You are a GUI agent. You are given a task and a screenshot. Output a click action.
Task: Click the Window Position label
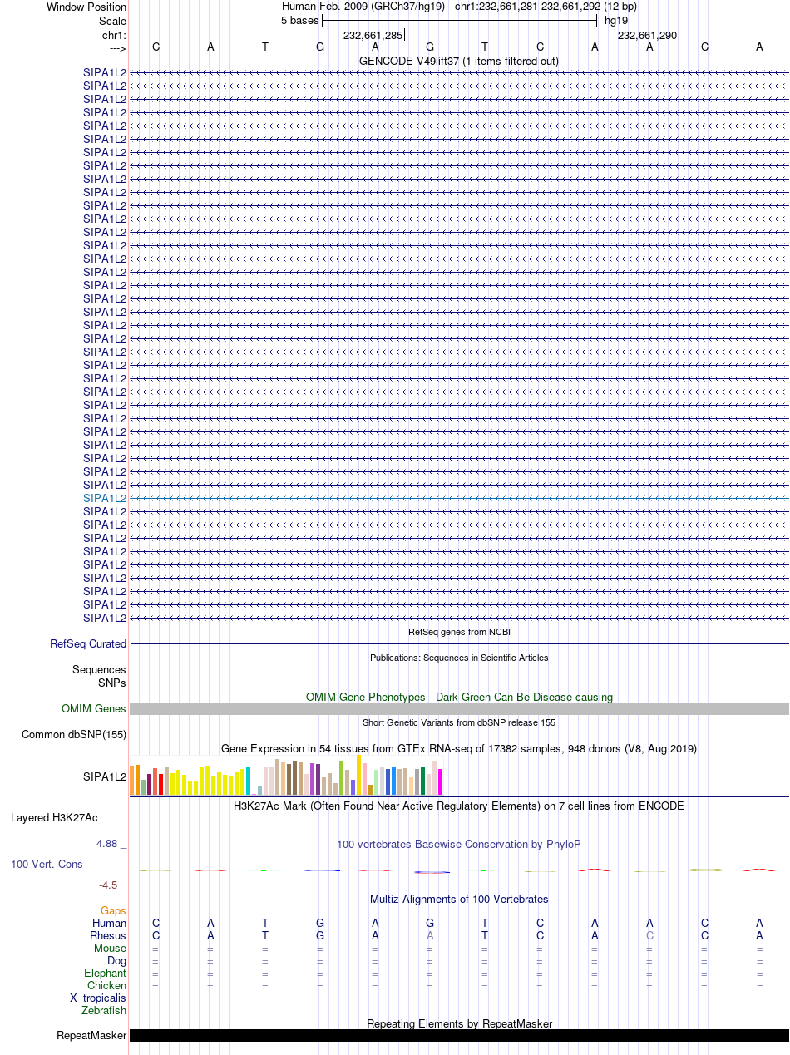[x=86, y=7]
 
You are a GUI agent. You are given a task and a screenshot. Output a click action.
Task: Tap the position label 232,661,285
[x=373, y=35]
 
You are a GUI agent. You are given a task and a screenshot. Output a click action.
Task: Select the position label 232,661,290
[x=647, y=35]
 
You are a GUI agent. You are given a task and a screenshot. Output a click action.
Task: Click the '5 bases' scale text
[x=300, y=21]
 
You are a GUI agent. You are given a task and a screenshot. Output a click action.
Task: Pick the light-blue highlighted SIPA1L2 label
[x=105, y=498]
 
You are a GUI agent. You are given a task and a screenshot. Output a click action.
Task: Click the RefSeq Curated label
[x=88, y=643]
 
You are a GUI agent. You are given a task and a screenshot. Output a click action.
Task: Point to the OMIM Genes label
[x=94, y=708]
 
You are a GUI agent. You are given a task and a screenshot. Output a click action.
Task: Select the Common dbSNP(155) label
[x=74, y=734]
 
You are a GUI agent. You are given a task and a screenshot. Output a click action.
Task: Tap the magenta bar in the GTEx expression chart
[x=440, y=781]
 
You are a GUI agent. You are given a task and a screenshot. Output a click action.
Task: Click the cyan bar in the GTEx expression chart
[x=248, y=781]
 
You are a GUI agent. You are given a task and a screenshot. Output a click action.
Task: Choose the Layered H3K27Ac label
[x=54, y=817]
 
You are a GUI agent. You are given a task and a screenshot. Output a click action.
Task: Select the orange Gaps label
[x=113, y=911]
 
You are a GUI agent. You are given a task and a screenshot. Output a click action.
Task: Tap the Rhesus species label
[x=108, y=936]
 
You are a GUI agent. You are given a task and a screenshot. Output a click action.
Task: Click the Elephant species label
[x=106, y=974]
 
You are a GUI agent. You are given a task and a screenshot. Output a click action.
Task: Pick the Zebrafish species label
[x=104, y=1011]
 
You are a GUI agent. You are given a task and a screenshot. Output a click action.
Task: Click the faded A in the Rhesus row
[x=430, y=936]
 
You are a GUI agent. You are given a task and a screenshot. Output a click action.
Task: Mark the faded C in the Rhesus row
[x=649, y=936]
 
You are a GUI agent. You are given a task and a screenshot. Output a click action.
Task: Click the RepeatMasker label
[x=91, y=1035]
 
